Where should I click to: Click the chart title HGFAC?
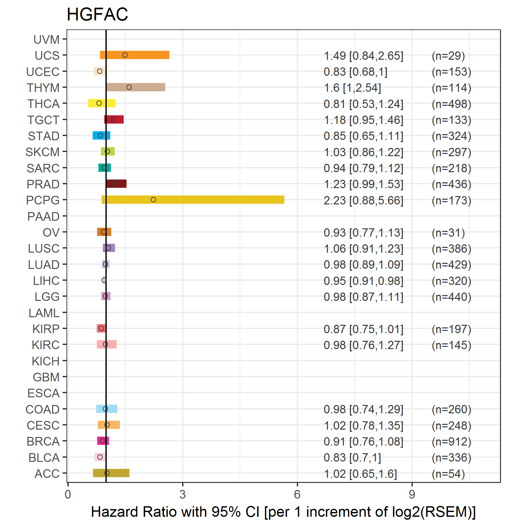click(97, 14)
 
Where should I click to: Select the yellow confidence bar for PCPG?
click(193, 200)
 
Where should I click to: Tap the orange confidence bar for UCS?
click(135, 55)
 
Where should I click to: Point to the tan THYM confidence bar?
click(136, 87)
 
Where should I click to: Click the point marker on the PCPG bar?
click(153, 200)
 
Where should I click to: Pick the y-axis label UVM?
click(47, 40)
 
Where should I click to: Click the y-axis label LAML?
click(44, 313)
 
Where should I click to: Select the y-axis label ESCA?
click(43, 393)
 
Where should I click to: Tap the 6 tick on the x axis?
click(297, 494)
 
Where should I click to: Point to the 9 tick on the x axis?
click(412, 494)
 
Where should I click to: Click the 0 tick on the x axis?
click(68, 494)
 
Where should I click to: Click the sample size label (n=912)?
click(451, 441)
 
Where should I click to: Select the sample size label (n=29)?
click(448, 56)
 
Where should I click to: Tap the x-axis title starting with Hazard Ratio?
click(283, 512)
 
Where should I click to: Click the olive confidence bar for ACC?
click(111, 473)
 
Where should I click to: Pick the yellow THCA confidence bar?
click(102, 103)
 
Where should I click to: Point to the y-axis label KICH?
click(46, 361)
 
